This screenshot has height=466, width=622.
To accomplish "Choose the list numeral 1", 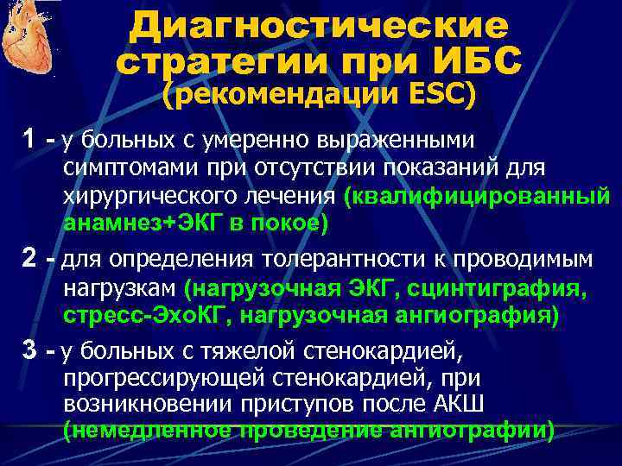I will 29,139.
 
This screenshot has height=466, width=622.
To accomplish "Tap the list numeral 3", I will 29,350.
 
